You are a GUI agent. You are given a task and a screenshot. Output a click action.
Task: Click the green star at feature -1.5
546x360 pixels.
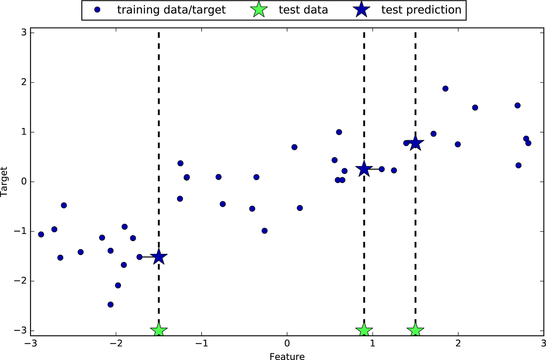tap(159, 331)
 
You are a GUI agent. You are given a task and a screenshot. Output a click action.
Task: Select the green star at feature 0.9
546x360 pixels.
tap(364, 331)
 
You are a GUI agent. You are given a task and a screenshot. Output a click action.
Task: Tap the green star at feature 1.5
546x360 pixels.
tap(415, 331)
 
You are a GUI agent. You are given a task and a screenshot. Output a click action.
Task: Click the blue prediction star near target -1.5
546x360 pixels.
tap(159, 257)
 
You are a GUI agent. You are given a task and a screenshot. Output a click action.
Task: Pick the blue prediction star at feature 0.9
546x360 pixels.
tap(364, 168)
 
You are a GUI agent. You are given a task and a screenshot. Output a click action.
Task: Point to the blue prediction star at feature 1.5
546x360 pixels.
tap(415, 143)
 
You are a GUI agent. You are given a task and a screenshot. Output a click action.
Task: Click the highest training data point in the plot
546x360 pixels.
tap(445, 89)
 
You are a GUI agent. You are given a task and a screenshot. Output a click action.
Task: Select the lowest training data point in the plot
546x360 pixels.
tap(110, 305)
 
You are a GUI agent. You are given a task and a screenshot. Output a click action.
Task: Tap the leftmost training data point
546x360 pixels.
tap(41, 234)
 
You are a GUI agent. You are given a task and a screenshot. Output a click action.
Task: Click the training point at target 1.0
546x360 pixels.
tap(339, 132)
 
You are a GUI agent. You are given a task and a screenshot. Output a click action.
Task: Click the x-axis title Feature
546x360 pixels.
tap(287, 356)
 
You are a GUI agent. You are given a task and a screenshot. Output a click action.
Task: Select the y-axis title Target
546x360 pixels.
tap(4, 182)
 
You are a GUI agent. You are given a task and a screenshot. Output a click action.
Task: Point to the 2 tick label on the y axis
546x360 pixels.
tap(24, 82)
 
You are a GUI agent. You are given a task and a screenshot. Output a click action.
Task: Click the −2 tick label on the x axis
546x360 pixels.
tap(116, 344)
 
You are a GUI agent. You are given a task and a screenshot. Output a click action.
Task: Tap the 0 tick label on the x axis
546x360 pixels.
tap(287, 344)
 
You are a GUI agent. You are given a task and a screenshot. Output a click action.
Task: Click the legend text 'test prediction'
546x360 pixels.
tap(421, 10)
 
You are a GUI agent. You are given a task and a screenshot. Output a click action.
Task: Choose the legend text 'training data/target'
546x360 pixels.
tap(171, 10)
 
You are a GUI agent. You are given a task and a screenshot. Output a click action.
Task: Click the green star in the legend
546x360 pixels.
tap(259, 10)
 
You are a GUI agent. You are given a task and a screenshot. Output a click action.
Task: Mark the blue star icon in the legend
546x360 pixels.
tap(361, 10)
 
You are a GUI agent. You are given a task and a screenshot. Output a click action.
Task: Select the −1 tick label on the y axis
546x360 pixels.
tap(20, 231)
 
